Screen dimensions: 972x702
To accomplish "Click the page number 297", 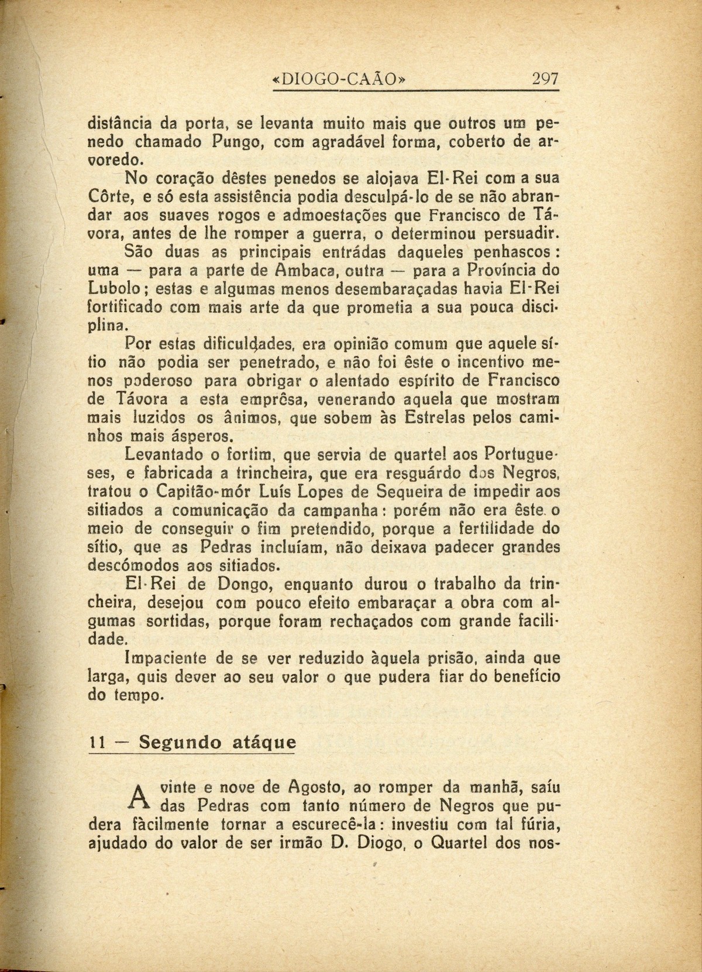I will click(x=545, y=78).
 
